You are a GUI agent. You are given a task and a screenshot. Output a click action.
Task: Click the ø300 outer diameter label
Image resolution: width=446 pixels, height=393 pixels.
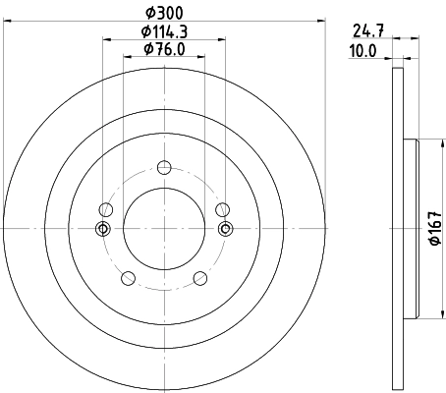pos(163,11)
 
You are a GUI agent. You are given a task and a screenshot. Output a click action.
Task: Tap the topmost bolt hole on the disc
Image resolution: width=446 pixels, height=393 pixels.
pos(163,166)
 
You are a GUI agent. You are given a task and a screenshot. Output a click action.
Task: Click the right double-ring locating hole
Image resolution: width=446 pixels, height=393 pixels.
pos(225,229)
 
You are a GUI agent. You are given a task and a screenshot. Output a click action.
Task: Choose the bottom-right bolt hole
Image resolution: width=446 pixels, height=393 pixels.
pos(200,278)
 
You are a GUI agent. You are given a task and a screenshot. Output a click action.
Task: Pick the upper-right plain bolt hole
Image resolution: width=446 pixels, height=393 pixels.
pos(222,208)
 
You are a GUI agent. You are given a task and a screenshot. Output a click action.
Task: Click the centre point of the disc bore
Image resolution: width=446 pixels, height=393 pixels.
pos(163,229)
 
